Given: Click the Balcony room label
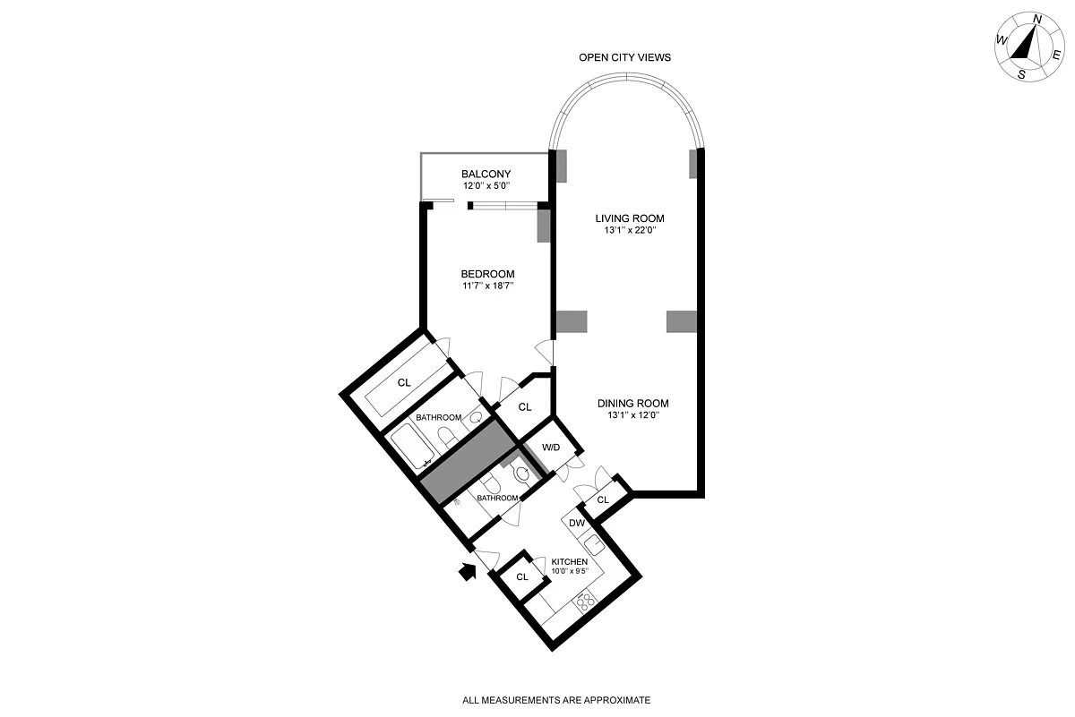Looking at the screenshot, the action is [486, 174].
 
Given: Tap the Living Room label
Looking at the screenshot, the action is [630, 218].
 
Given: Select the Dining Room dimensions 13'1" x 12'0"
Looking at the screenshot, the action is [633, 415].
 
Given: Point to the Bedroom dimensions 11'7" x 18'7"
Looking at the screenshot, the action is [488, 286].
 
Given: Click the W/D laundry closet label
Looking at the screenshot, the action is [551, 448].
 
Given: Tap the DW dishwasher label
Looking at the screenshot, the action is [577, 523].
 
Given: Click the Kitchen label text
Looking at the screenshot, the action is [569, 561].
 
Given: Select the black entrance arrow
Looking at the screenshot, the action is [467, 571].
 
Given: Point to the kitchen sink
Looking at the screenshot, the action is [594, 546].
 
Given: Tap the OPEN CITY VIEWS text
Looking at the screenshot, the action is [625, 57].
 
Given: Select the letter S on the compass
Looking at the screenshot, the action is [1021, 75].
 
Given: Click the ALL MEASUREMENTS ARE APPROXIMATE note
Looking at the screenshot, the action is [556, 700].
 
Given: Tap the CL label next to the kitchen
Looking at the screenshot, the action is [522, 577].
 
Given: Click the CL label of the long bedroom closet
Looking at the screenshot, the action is [404, 382].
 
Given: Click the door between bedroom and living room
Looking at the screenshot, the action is [546, 353].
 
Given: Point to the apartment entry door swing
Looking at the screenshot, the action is [486, 560].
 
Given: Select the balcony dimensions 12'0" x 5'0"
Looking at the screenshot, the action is [486, 185].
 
